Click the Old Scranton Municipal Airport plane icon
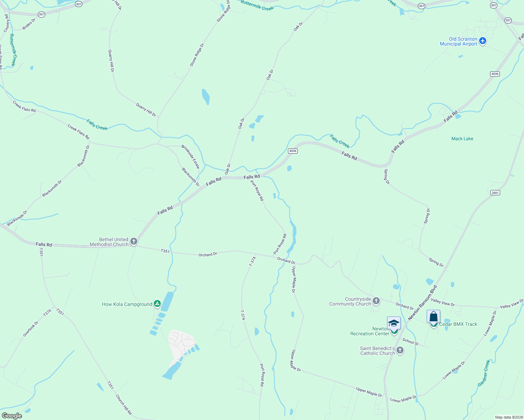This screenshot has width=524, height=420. pos(483,41)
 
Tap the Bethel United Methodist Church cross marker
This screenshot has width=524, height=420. pos(133,241)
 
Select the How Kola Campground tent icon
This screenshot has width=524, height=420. pos(157,304)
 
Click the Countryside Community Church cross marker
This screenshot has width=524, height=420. pos(376,301)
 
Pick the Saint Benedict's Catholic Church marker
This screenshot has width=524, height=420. pos(400,350)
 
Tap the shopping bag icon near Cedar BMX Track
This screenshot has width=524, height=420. pos(433,316)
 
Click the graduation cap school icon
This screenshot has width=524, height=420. pos(394,323)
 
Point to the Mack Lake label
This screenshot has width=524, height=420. pos(462,139)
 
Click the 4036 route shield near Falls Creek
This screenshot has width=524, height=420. pos(292,151)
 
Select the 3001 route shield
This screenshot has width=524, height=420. pos(495,193)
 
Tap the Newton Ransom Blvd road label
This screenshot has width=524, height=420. pos(423,303)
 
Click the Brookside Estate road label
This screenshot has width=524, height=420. pos(191,156)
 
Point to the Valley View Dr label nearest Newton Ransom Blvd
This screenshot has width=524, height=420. pos(443,302)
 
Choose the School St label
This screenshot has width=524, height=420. pos(410,342)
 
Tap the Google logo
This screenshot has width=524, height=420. pos(12,416)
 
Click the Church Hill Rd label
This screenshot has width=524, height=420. pos(123,405)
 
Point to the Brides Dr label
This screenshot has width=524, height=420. pos(29,24)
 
